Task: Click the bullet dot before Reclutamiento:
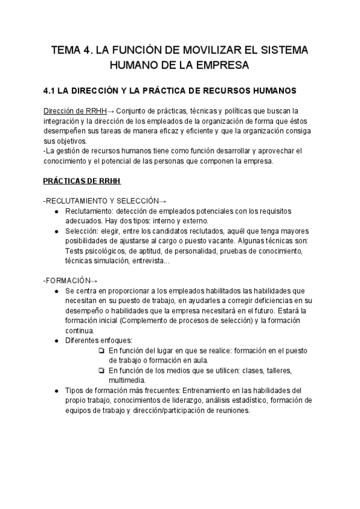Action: pos(56,211)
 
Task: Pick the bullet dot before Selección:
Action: pos(56,231)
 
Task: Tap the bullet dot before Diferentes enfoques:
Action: pos(56,341)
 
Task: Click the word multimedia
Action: pos(127,381)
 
